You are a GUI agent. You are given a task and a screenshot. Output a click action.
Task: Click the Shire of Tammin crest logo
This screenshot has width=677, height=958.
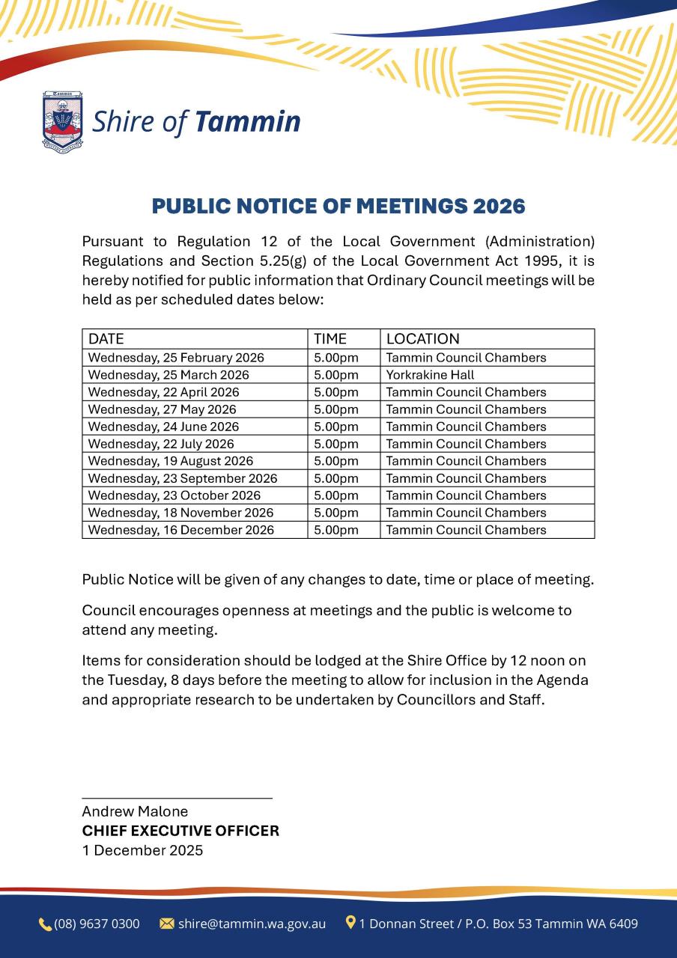[x=62, y=120]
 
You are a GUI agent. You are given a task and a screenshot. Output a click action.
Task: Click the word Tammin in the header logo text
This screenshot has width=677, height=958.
[x=247, y=121]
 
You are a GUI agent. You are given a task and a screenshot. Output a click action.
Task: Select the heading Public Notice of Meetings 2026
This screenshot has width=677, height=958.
[x=338, y=207]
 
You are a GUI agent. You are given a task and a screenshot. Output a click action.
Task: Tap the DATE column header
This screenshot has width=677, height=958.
[x=106, y=339]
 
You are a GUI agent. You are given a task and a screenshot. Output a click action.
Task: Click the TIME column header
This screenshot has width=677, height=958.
[x=330, y=339]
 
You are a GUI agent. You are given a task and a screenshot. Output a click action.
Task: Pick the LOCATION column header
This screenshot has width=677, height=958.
[x=422, y=339]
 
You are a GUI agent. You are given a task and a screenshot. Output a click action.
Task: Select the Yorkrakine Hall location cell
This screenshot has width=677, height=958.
[x=430, y=375]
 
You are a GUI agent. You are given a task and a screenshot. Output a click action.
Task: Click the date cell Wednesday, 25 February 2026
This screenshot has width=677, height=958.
[x=176, y=358]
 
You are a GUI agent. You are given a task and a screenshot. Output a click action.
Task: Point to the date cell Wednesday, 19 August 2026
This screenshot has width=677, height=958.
[x=171, y=461]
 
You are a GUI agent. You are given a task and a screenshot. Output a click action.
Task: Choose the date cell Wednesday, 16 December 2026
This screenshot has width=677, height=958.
[x=181, y=530]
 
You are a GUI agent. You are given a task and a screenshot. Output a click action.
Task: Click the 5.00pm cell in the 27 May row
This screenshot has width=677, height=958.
[x=336, y=409]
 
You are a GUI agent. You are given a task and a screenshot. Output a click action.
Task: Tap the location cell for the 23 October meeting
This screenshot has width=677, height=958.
[x=466, y=495]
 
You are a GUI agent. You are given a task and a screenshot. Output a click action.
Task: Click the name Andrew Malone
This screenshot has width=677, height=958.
[x=135, y=811]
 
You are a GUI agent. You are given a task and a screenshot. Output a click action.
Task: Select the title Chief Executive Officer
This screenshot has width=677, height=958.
[x=180, y=831]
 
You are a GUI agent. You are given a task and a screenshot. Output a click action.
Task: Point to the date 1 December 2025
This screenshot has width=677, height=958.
[x=142, y=850]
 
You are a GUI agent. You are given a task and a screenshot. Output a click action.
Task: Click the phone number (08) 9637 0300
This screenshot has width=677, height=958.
[x=97, y=924]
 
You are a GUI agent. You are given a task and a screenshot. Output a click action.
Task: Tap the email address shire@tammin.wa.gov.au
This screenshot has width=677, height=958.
[x=252, y=924]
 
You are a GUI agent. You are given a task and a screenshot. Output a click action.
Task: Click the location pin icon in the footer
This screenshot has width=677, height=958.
[x=350, y=923]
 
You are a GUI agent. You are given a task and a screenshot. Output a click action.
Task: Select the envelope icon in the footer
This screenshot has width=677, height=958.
[x=167, y=924]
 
